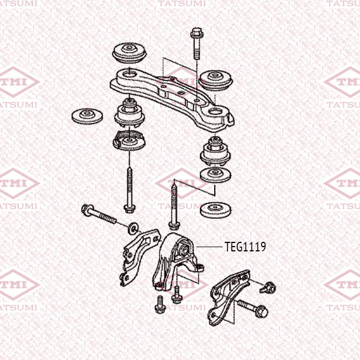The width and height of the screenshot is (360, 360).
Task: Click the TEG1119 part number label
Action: click(x=245, y=247)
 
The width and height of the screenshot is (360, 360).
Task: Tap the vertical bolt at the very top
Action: click(x=196, y=43)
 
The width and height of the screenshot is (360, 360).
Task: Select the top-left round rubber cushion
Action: click(x=129, y=53)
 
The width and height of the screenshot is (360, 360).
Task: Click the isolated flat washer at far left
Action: click(x=87, y=116)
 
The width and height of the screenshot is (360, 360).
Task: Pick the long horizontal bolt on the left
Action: click(x=99, y=214)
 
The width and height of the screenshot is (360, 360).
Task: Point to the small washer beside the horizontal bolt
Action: click(x=133, y=228)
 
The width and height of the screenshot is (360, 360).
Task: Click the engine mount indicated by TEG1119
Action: click(x=178, y=262)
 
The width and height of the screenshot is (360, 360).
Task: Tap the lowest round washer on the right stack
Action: click(x=215, y=210)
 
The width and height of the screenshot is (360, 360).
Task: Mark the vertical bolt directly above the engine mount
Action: click(x=174, y=205)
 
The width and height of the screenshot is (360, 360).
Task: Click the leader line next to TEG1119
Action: click(x=209, y=247)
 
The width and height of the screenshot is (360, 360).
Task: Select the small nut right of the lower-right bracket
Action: click(x=268, y=287)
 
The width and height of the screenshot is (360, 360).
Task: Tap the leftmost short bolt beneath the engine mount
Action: click(x=160, y=304)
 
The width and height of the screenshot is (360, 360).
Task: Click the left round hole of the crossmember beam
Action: click(x=128, y=74)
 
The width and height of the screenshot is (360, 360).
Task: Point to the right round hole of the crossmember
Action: click(x=215, y=112)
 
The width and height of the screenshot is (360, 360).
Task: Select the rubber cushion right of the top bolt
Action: click(x=215, y=80)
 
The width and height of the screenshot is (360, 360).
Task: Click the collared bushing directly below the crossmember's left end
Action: click(x=130, y=113)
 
